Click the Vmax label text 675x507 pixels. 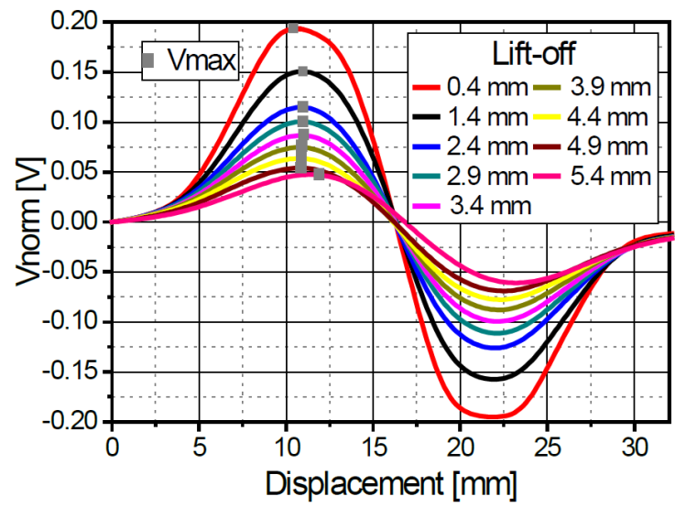tap(200, 62)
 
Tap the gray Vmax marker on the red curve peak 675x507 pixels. tap(293, 27)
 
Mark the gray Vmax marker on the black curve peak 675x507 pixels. tap(303, 71)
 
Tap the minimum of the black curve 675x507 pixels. tap(494, 379)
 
